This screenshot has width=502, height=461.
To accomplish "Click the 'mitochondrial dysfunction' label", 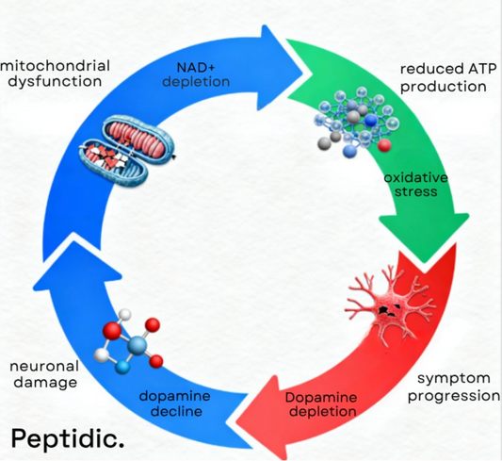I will point(57,74).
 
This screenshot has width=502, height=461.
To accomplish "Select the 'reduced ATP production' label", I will point(443,77).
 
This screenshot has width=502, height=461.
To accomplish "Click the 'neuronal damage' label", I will point(42,374).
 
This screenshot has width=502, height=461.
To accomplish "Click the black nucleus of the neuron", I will point(385,307).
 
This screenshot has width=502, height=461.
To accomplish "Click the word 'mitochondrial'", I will point(57,66).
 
